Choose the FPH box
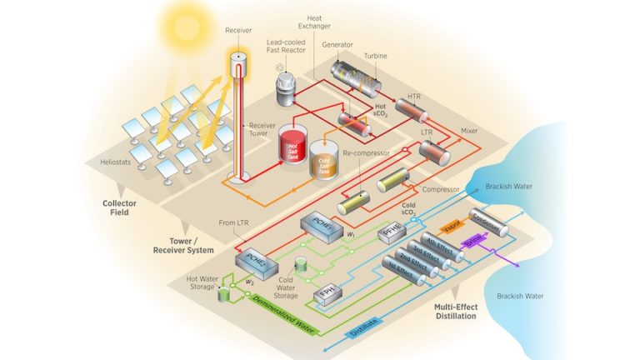coord(327,294)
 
